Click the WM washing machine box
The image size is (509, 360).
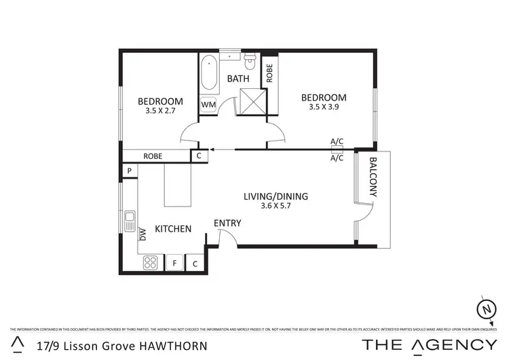click(208, 105)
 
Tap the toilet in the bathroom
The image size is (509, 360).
click(250, 62)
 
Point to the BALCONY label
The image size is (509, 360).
click(373, 178)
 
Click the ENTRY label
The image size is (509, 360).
click(227, 223)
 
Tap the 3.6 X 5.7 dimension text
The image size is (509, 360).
click(276, 206)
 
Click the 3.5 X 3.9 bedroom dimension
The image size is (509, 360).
click(324, 107)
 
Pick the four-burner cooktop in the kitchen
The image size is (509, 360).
click(151, 263)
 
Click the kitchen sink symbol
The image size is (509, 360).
click(130, 221)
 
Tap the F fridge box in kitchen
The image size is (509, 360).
click(174, 263)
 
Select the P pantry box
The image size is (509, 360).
click(128, 170)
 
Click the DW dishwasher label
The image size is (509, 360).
click(143, 234)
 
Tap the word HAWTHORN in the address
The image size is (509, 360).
click(173, 344)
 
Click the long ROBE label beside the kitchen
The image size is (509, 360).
click(153, 156)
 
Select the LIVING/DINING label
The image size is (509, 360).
click(276, 196)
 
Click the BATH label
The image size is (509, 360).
click(238, 79)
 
